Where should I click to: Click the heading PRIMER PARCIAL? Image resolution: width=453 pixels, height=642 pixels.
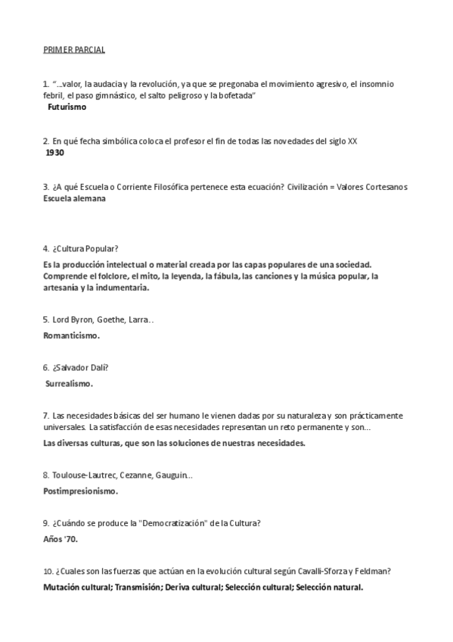point(73,50)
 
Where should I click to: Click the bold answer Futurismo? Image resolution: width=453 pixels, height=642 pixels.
point(67,108)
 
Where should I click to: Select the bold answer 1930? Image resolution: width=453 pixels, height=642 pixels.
point(55,152)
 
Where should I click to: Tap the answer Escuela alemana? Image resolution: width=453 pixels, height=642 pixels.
point(74,198)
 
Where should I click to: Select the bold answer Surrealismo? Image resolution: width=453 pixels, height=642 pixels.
point(70,384)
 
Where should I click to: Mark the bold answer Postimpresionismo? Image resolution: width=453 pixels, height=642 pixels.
point(80,491)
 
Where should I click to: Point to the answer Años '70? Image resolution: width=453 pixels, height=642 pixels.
point(61,539)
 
